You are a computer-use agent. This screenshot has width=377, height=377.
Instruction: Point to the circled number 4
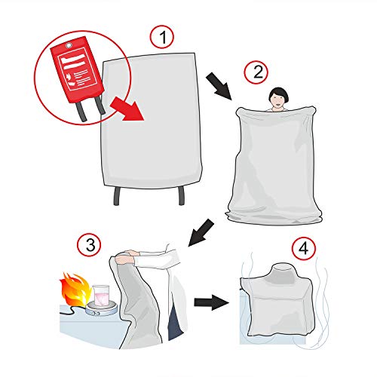click(x=302, y=247)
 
